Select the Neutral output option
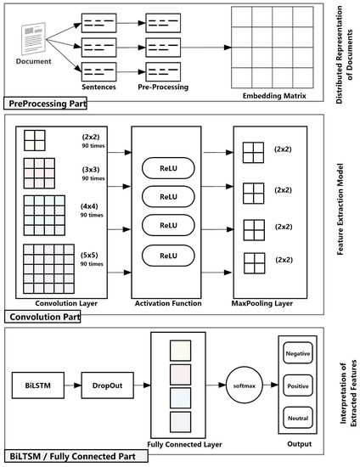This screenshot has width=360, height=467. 297,419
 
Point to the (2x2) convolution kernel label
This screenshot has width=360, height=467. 93,137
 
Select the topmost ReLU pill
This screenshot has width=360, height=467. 170,167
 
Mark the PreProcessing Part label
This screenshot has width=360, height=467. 48,103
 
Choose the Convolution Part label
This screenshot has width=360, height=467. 44,318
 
